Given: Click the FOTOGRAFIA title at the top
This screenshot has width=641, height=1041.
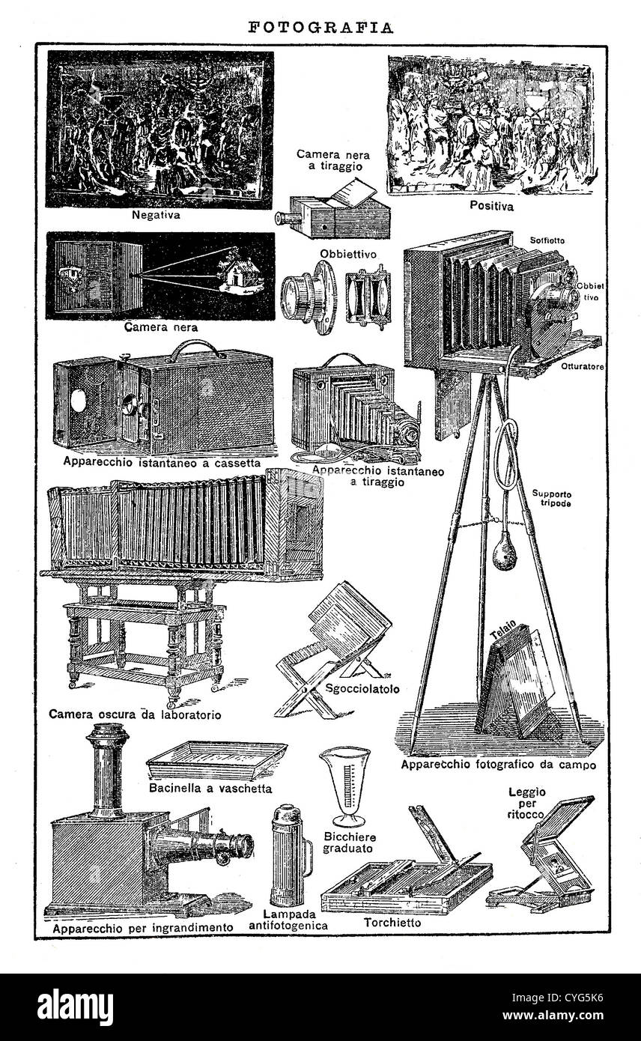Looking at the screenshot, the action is pyautogui.click(x=320, y=28).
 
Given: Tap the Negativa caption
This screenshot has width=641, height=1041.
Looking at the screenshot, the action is pyautogui.click(x=156, y=215).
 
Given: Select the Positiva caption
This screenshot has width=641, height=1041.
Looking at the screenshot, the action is pyautogui.click(x=491, y=205).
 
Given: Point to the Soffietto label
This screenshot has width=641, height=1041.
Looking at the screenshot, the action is pyautogui.click(x=547, y=240).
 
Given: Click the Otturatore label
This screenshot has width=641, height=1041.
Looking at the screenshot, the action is pyautogui.click(x=583, y=366).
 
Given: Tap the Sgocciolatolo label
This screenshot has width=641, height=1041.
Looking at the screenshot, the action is pyautogui.click(x=362, y=689).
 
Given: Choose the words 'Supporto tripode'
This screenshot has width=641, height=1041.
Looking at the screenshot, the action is pyautogui.click(x=552, y=498).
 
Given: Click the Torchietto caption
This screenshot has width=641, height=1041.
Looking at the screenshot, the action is pyautogui.click(x=392, y=923).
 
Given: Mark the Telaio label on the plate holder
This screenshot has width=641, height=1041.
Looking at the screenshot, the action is pyautogui.click(x=503, y=628).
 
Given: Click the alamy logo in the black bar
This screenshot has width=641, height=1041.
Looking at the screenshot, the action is pyautogui.click(x=76, y=1005).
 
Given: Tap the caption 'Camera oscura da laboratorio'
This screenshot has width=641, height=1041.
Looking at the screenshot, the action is pyautogui.click(x=135, y=714).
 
